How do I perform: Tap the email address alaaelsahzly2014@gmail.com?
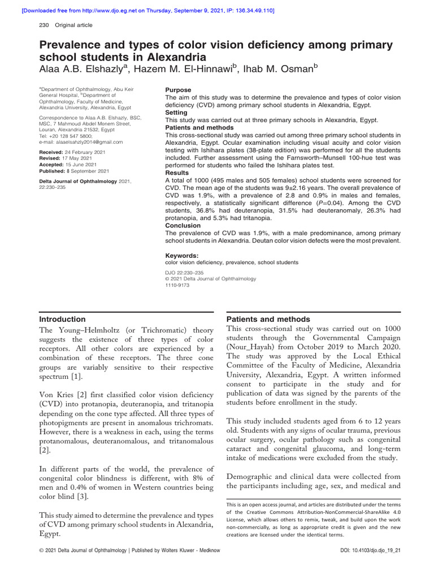(x=85, y=142)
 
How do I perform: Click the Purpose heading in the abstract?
(x=178, y=90)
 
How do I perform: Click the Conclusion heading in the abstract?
(x=183, y=225)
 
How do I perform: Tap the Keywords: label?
(x=181, y=256)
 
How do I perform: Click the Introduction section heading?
(x=62, y=319)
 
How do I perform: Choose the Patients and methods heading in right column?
(x=266, y=319)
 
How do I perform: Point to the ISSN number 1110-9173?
(x=177, y=286)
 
